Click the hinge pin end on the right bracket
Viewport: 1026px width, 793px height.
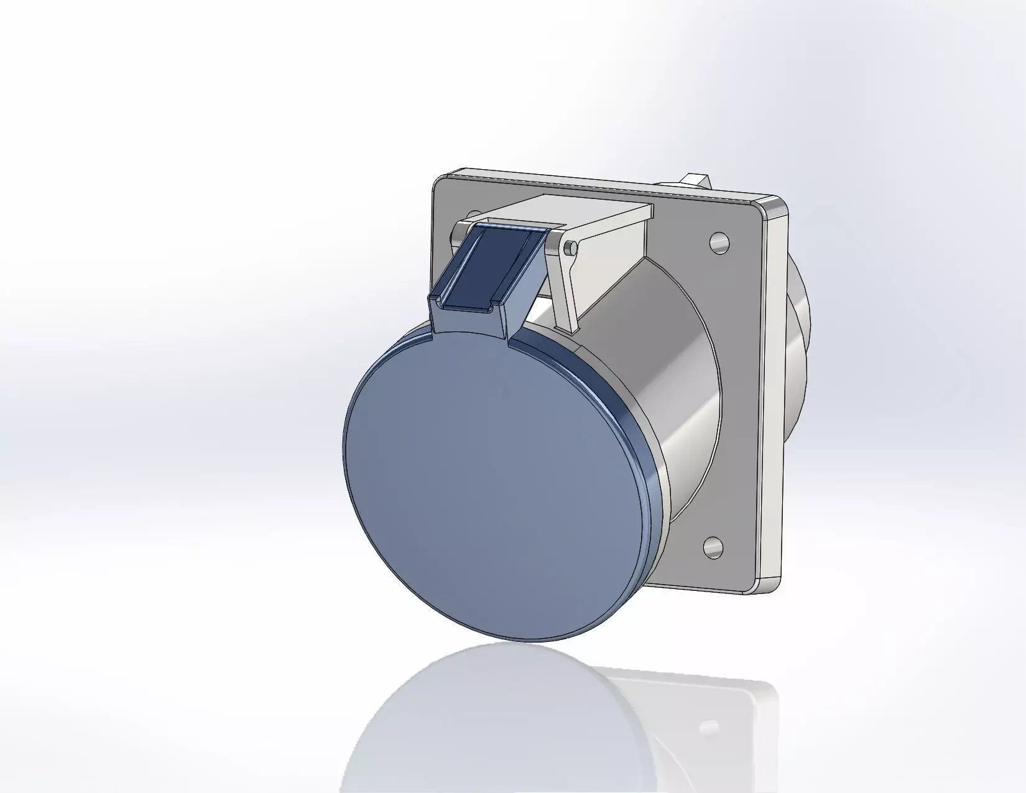point(568,249)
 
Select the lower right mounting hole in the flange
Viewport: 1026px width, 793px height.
point(713,547)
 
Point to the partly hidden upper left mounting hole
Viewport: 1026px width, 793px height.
point(474,215)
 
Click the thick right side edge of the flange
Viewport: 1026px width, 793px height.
point(774,398)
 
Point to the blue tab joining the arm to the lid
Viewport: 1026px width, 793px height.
point(473,323)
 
